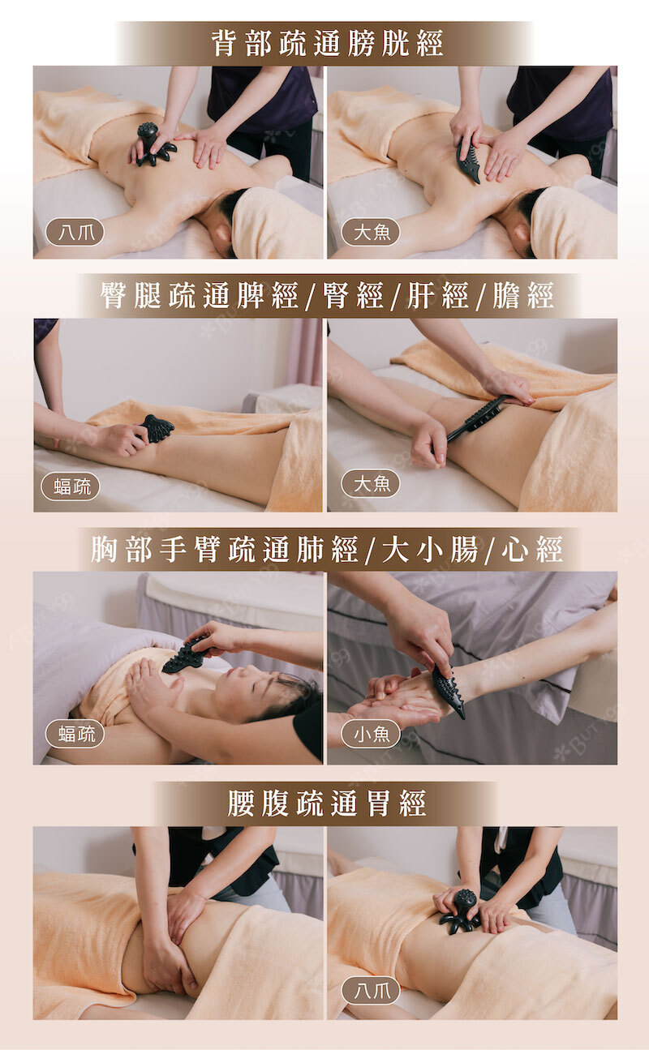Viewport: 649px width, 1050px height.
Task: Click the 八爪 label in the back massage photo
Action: [x=75, y=232]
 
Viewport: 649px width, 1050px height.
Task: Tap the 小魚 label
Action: [x=371, y=734]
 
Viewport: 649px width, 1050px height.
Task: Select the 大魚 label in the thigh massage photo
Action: [x=371, y=483]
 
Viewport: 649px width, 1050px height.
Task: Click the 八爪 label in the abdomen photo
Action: [x=371, y=991]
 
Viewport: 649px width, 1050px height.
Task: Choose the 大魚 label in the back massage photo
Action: [x=371, y=232]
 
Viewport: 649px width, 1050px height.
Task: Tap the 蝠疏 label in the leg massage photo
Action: [x=71, y=486]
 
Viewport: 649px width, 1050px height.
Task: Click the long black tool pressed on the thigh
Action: [x=477, y=418]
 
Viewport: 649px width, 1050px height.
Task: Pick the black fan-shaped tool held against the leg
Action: [x=156, y=429]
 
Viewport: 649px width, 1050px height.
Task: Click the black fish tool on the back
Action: [x=469, y=161]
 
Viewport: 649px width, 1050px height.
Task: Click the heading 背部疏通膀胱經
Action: [x=327, y=44]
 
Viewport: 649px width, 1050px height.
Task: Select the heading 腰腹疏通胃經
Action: [x=327, y=803]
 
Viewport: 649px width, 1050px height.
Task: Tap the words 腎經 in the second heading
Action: [x=353, y=296]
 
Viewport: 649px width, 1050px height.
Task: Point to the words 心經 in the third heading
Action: [x=531, y=550]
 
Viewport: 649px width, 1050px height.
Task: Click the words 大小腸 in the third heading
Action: [x=429, y=550]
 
